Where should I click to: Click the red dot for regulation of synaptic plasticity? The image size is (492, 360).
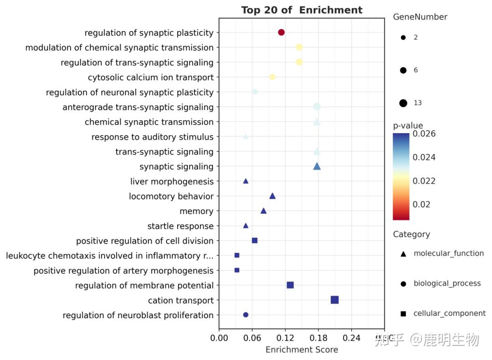point(281,32)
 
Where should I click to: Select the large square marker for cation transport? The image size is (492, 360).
point(334,300)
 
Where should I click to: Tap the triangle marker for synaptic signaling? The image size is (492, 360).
point(317,166)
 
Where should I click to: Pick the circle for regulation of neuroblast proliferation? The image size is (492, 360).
point(246,315)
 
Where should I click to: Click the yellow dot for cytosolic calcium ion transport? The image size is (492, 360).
point(272,77)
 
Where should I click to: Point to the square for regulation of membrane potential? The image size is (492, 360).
point(290,285)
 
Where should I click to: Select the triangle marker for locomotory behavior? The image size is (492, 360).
point(272,196)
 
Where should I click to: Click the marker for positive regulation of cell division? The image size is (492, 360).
point(255,241)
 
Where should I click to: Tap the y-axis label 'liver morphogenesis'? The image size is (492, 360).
point(172,181)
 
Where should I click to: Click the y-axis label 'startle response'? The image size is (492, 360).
point(180,226)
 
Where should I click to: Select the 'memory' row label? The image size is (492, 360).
point(196,211)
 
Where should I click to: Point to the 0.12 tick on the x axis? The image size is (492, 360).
point(285,338)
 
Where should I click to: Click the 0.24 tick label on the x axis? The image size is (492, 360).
point(351,338)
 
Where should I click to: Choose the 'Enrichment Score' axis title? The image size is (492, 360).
point(302,350)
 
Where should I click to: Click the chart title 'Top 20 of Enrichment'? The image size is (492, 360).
point(302,10)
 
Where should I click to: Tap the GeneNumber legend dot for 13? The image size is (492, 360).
point(403,103)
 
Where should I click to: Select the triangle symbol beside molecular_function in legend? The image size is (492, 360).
point(403,253)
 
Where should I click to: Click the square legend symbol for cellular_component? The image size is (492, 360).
point(403,314)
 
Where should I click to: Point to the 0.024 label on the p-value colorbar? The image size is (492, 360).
point(424,157)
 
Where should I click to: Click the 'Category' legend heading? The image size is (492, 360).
point(411,234)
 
